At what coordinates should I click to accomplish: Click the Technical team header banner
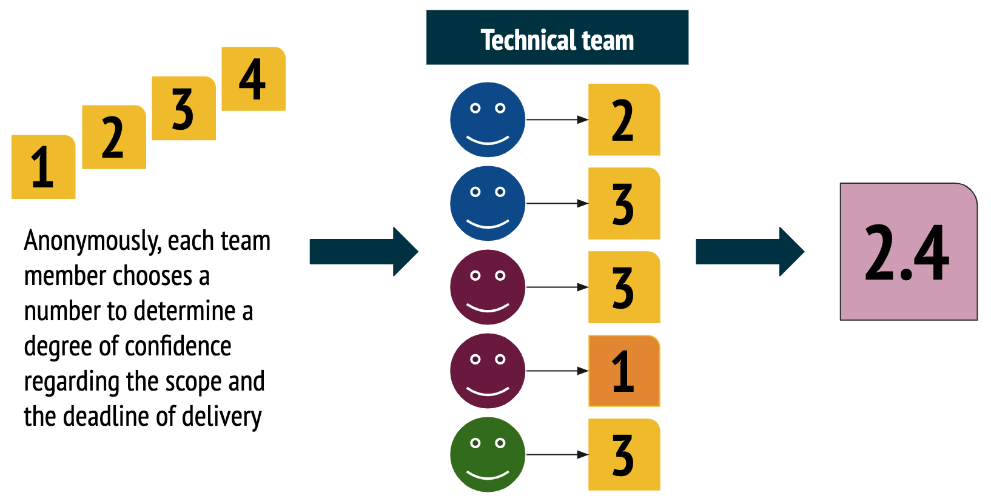(x=557, y=38)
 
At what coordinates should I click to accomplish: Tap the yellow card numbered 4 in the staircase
(x=254, y=79)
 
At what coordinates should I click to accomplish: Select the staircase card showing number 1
(x=43, y=167)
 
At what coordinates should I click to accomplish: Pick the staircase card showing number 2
(x=114, y=137)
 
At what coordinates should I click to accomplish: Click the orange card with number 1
(x=624, y=371)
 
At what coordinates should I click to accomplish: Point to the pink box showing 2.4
(x=908, y=252)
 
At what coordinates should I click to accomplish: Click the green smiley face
(x=488, y=454)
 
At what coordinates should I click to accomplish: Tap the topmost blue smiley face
(x=488, y=119)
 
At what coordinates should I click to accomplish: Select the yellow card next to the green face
(x=624, y=454)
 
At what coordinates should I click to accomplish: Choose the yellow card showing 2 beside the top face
(x=624, y=119)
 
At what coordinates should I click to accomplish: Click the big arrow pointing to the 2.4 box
(x=750, y=252)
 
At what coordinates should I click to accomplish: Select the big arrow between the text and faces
(x=363, y=252)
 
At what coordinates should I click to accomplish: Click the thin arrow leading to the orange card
(x=556, y=371)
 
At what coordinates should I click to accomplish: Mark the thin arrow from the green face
(x=556, y=454)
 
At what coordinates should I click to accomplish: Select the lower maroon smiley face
(x=488, y=371)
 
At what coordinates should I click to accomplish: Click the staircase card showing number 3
(x=184, y=108)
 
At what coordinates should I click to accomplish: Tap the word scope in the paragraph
(x=194, y=382)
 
